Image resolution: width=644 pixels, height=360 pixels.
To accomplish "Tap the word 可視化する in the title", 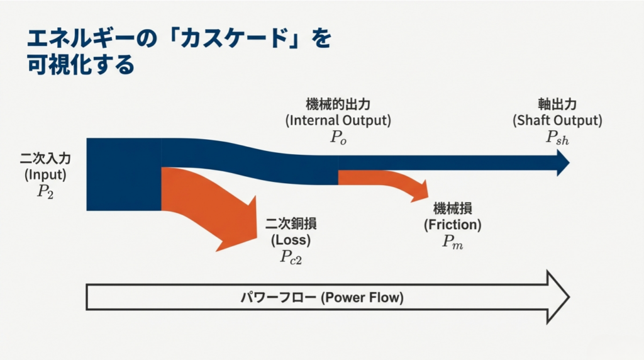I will pyautogui.click(x=81, y=65).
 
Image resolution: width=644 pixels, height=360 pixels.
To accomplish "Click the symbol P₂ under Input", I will pyautogui.click(x=45, y=191).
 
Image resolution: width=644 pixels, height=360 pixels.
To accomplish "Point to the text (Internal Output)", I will pyautogui.click(x=338, y=120).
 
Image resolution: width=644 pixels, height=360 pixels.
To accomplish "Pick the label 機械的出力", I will pyautogui.click(x=338, y=104).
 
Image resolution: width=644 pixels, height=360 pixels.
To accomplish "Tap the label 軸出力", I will pyautogui.click(x=557, y=104).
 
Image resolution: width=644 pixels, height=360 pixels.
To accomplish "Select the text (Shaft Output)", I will pyautogui.click(x=557, y=120).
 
